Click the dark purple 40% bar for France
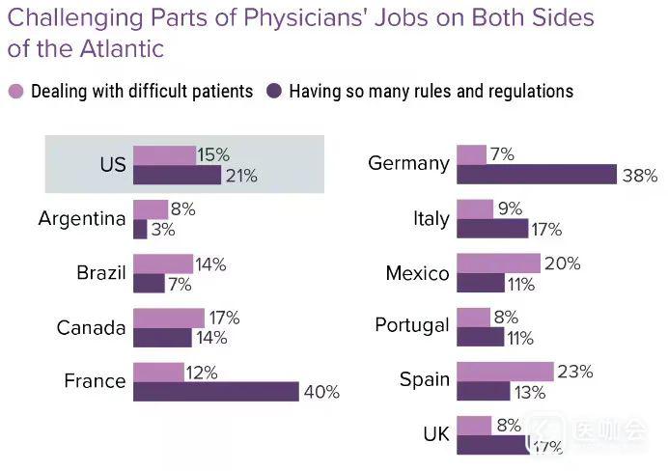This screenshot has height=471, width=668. pos(216,391)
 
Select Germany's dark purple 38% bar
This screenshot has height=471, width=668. pos(537,174)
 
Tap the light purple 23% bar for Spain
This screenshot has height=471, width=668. pos(505,372)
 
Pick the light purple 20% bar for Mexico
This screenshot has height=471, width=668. pos(498,263)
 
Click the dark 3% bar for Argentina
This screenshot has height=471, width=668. pos(140,229)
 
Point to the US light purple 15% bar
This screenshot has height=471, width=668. pos(164,155)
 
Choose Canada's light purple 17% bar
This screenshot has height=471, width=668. pos(169,318)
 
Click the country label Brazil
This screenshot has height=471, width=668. pos(101,273)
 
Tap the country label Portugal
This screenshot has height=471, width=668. pos(412,326)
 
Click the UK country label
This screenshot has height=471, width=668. pos(436,434)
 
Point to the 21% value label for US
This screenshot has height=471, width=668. pos(241,176)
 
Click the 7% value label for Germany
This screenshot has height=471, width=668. pos(502,154)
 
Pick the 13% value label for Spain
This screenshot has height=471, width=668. pos(527,392)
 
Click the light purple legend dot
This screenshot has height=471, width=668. pos(15,92)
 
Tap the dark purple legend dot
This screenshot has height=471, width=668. pos(273,92)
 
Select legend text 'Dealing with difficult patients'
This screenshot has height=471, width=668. pos(142,92)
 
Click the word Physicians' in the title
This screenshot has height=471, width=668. pos(291,17)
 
